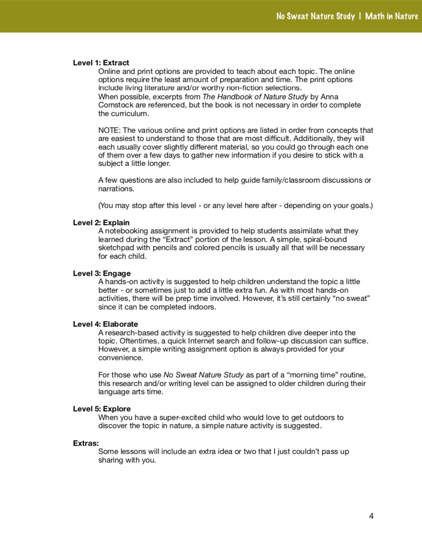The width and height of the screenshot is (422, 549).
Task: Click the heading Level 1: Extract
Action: coord(101,63)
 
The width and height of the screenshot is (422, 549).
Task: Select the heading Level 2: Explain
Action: coord(101,222)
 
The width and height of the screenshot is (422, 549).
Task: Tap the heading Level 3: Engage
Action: coord(102,273)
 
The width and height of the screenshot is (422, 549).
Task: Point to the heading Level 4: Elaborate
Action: coord(105,324)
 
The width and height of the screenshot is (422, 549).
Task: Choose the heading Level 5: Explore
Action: coord(102,409)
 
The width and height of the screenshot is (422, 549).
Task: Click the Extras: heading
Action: coord(86,443)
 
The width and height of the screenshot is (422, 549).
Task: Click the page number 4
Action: coord(371,515)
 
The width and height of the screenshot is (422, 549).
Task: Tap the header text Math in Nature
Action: coord(392,16)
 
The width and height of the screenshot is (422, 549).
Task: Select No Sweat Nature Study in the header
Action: coord(316,16)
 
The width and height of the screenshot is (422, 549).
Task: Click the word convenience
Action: coord(120,358)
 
